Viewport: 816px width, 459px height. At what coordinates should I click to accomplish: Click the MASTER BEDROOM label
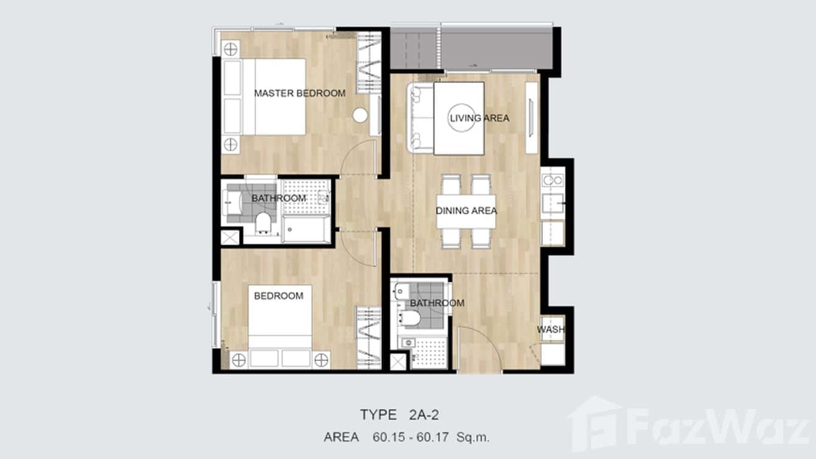click(299, 93)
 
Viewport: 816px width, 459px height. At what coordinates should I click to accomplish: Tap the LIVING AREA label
click(479, 117)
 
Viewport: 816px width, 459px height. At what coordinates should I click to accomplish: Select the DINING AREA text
click(466, 211)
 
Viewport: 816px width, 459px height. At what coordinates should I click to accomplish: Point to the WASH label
click(550, 330)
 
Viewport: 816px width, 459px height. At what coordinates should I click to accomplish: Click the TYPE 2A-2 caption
click(399, 415)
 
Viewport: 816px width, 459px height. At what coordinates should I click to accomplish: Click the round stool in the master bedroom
click(361, 115)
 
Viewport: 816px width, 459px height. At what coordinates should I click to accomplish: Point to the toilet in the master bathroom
click(263, 223)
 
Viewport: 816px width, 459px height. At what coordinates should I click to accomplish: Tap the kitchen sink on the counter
click(553, 203)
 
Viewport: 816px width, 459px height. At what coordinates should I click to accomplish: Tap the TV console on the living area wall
click(531, 117)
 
